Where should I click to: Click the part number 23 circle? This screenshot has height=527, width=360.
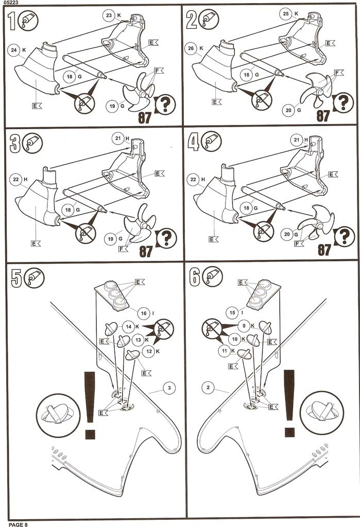(109, 15)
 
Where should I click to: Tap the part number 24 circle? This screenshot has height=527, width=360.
(14, 50)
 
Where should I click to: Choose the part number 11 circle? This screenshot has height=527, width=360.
(223, 350)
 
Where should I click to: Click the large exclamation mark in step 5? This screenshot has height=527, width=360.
(90, 405)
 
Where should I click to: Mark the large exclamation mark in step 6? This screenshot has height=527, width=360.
(288, 402)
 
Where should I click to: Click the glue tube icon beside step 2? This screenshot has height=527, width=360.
(210, 20)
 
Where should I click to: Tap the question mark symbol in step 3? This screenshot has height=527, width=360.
(165, 238)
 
